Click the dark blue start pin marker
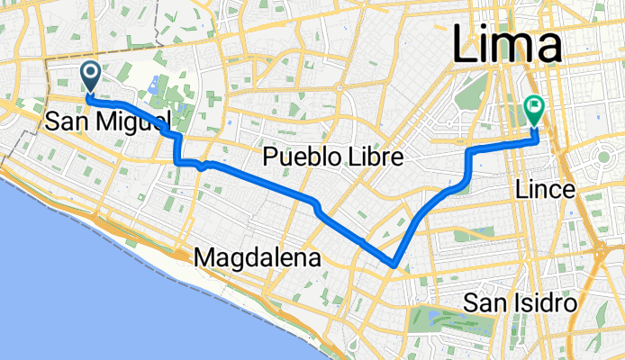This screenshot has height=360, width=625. click(90, 75)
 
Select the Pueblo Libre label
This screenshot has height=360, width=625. click(331, 158)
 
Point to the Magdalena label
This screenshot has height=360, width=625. click(258, 258)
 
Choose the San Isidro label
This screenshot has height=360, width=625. click(521, 302)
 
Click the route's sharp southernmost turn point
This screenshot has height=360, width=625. click(394, 265)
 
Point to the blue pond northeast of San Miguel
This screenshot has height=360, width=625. click(152, 87)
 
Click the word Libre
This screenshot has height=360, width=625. click(367, 158)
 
